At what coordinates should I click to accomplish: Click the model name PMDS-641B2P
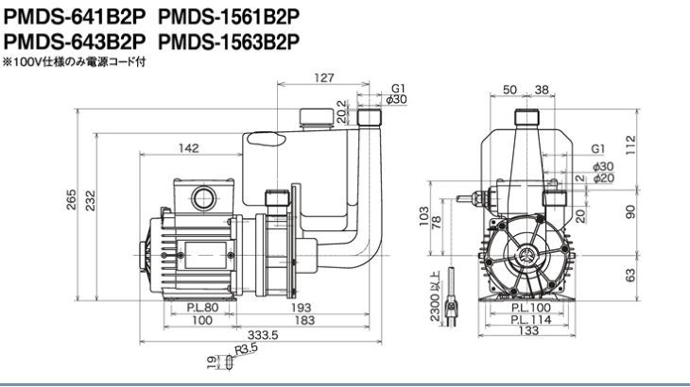click(74, 17)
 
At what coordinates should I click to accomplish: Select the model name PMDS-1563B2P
click(229, 42)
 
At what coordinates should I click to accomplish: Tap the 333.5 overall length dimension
click(263, 335)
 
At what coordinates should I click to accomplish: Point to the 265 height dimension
click(71, 200)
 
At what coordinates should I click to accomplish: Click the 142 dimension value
click(188, 148)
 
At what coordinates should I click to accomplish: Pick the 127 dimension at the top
click(324, 77)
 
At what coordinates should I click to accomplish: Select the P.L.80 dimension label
click(202, 307)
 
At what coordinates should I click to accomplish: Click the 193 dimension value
click(301, 307)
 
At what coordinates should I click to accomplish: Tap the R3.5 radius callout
click(246, 349)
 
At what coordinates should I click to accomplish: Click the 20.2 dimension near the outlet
click(341, 112)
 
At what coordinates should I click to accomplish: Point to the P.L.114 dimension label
click(531, 320)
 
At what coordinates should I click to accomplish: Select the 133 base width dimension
click(528, 330)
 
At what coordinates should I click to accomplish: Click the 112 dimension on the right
click(631, 145)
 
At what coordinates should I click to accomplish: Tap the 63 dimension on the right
click(631, 276)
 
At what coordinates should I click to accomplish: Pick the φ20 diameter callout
click(603, 178)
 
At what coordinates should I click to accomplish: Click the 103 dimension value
click(423, 216)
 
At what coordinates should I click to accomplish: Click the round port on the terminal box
click(204, 197)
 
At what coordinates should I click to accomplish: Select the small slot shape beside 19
click(229, 362)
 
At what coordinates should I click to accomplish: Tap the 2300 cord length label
click(434, 296)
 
